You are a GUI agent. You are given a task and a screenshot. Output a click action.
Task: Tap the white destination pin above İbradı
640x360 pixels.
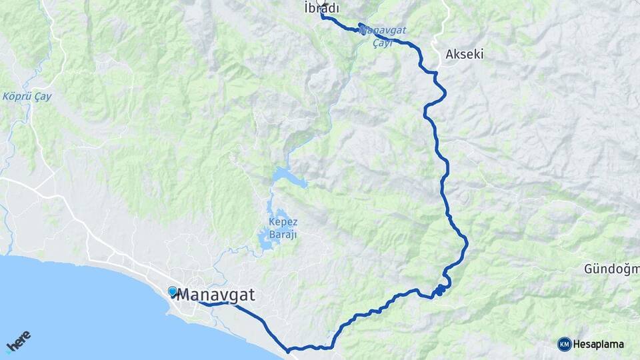tap(323, 3)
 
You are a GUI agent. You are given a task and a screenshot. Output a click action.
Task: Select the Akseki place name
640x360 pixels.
tap(464, 54)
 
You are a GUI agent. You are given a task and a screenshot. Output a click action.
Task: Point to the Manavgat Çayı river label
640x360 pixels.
tap(385, 36)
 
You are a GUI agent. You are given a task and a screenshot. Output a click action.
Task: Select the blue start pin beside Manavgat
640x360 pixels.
tap(173, 291)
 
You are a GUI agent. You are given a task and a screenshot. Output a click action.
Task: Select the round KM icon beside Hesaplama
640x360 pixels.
tap(565, 344)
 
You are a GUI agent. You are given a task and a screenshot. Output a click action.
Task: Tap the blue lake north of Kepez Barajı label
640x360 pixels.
tap(287, 178)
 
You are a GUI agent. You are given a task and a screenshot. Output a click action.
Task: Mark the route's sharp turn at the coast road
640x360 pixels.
tap(287, 349)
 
